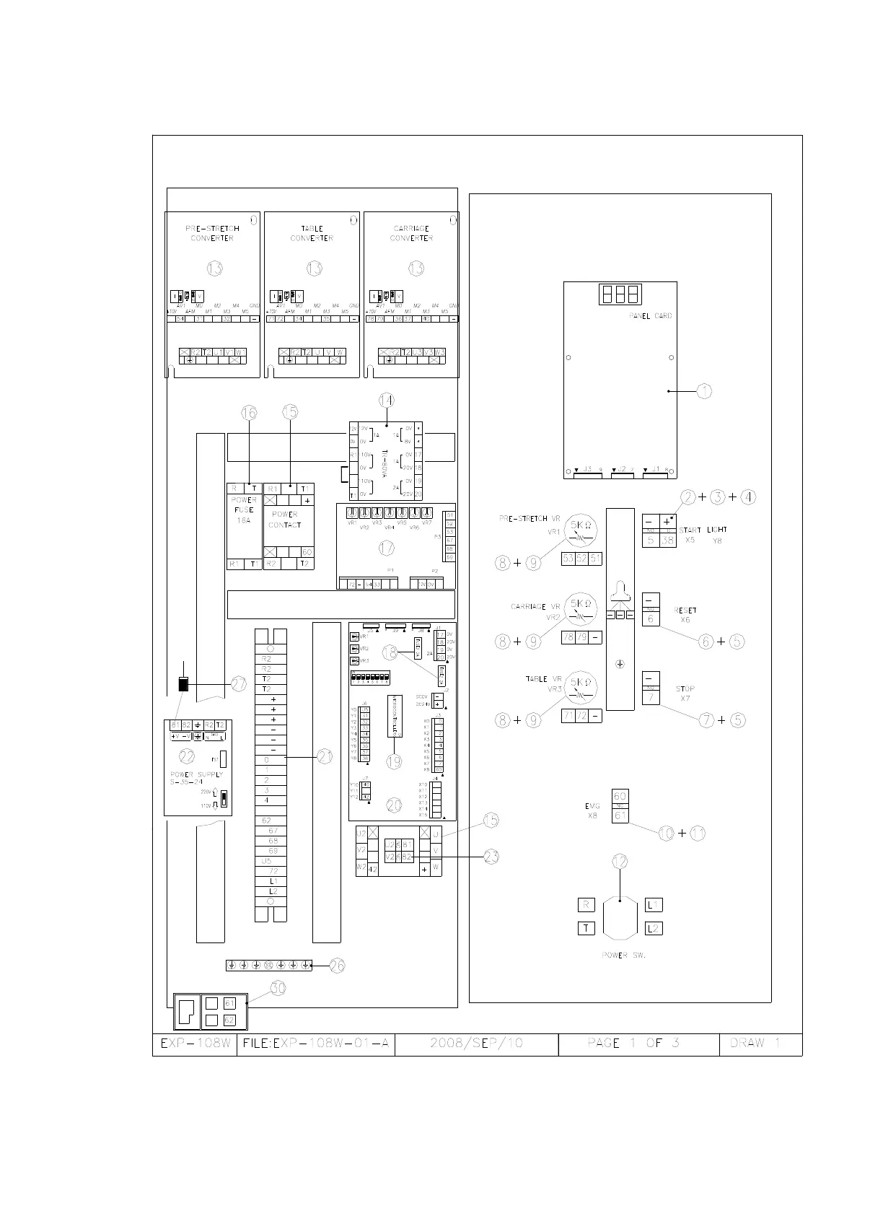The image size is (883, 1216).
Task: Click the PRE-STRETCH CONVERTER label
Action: click(212, 233)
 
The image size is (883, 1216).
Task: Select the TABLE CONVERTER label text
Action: click(312, 233)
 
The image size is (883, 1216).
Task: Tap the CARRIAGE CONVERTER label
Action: click(411, 233)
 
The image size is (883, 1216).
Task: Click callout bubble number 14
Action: click(387, 400)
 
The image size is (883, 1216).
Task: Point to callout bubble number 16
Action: click(249, 412)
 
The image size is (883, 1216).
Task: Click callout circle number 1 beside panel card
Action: click(704, 391)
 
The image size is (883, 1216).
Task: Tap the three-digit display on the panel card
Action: click(620, 294)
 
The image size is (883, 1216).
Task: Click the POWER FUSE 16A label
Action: click(244, 509)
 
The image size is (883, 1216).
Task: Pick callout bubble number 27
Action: click(239, 684)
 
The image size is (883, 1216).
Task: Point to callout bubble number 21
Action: click(325, 756)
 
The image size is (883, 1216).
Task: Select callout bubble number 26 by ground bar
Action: click(338, 965)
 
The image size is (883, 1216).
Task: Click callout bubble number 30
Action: click(278, 988)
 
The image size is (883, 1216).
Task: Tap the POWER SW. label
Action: click(623, 955)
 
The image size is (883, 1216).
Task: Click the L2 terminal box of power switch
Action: click(654, 928)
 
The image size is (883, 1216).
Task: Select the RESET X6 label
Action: click(685, 615)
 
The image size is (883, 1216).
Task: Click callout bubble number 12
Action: click(620, 861)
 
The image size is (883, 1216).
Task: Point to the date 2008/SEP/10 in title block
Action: click(476, 1044)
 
